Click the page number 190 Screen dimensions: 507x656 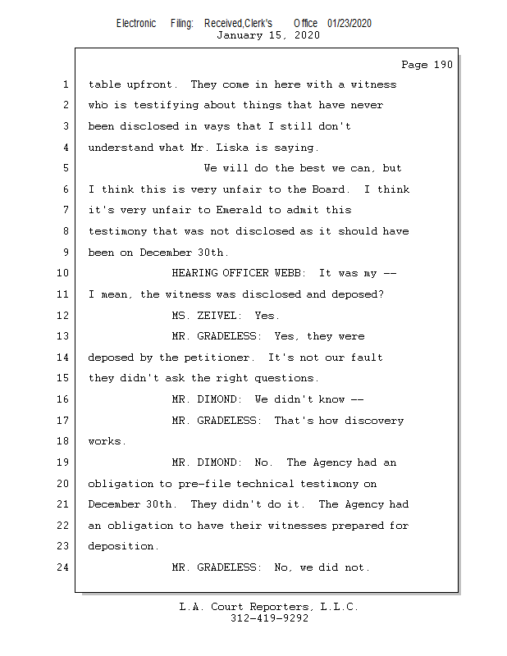pyautogui.click(x=443, y=65)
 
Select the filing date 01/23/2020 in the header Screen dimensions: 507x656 pyautogui.click(x=349, y=24)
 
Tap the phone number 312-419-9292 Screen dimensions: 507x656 pyautogui.click(x=269, y=618)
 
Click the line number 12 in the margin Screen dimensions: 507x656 pyautogui.click(x=63, y=315)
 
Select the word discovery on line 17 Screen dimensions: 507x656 pyautogui.click(x=374, y=421)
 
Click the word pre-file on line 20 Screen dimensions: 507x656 pyautogui.click(x=205, y=484)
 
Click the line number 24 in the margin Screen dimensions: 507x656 pyautogui.click(x=63, y=567)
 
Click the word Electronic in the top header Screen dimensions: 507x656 pyautogui.click(x=136, y=24)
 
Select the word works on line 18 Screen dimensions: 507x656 pyautogui.click(x=107, y=441)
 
